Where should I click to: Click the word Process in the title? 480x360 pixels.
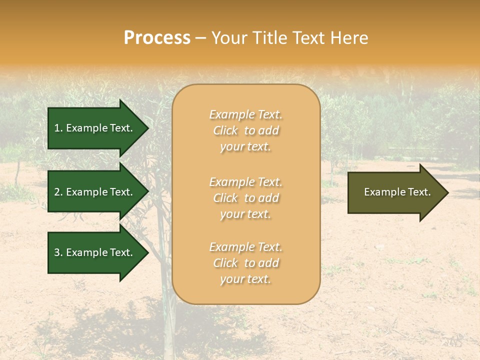tap(157, 38)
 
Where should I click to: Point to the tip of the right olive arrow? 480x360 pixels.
tap(447, 192)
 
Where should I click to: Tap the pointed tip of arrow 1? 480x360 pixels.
tap(147, 128)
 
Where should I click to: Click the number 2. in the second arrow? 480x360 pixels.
tap(58, 192)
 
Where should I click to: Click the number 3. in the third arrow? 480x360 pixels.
tap(58, 252)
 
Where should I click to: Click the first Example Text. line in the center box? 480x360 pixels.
tap(245, 115)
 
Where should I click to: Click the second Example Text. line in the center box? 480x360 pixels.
tap(245, 182)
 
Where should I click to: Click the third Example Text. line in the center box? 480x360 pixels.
tap(245, 247)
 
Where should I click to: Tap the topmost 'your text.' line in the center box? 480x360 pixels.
tap(245, 147)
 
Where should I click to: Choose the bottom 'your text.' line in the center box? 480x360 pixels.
tap(245, 279)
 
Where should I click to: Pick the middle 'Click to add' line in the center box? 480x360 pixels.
tap(245, 198)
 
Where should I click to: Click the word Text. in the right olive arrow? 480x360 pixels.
tap(419, 192)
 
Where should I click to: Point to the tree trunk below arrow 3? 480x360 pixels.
tap(165, 310)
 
